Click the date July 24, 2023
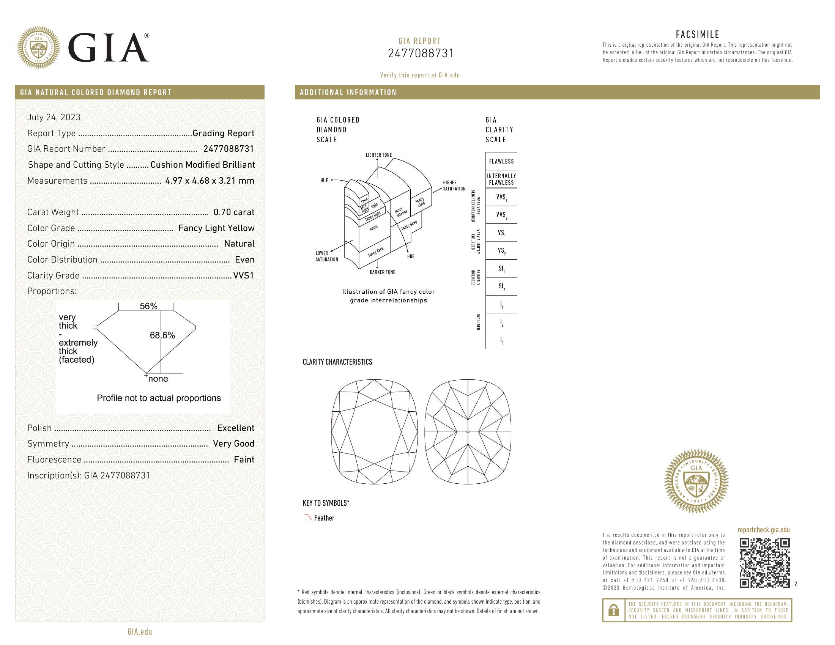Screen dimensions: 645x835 click(54, 117)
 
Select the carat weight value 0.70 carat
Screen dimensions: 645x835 click(233, 212)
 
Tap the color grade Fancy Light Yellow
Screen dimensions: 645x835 click(216, 228)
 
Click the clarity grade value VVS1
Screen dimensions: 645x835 click(244, 275)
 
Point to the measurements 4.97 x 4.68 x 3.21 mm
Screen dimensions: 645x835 click(210, 181)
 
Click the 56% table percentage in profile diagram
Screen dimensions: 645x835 click(148, 306)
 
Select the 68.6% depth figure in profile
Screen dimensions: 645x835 click(162, 335)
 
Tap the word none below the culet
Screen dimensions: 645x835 click(158, 379)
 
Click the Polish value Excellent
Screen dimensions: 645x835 click(236, 428)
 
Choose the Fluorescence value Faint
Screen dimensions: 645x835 click(244, 460)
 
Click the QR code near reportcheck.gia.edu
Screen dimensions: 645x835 click(764, 563)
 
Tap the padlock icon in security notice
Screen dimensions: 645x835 click(614, 610)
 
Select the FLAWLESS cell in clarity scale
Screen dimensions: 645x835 click(501, 161)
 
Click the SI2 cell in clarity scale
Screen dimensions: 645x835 click(501, 286)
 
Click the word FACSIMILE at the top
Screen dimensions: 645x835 click(697, 35)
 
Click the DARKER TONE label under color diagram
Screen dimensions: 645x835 click(382, 272)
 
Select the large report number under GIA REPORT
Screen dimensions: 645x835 click(421, 53)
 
